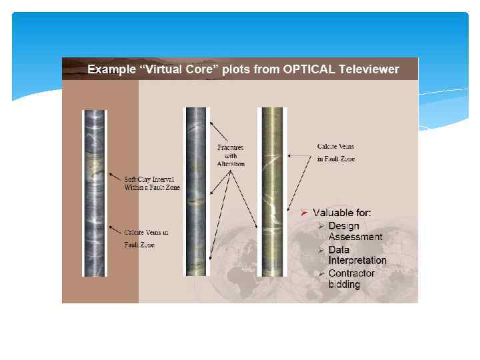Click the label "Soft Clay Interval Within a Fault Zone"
tap(152, 183)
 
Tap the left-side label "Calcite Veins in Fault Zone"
tap(146, 239)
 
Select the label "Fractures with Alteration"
tap(231, 155)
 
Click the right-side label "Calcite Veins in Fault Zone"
tap(335, 152)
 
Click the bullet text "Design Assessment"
tap(355, 231)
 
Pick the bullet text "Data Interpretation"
tap(357, 255)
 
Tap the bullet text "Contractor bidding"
tap(351, 279)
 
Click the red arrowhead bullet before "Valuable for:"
tap(303, 213)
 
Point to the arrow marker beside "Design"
tap(321, 227)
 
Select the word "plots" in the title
tap(235, 69)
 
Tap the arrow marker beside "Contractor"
tap(321, 274)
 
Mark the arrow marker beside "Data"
tap(321, 250)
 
